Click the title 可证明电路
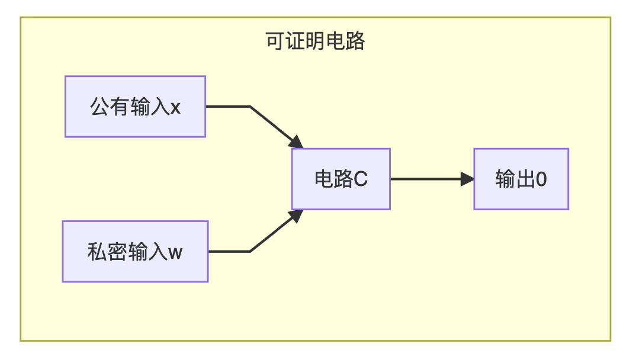(315, 42)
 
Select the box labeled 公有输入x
(135, 107)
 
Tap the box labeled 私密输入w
(135, 252)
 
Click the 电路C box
(341, 179)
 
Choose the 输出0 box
(521, 179)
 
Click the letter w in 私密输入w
(176, 252)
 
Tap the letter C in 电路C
(361, 179)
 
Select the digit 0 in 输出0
(541, 179)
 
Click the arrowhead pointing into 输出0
(468, 179)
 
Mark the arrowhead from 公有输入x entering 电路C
(297, 142)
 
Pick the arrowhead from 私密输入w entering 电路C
(297, 216)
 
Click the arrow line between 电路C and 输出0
(426, 179)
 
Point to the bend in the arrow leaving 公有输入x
(250, 107)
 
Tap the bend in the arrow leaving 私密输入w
(250, 252)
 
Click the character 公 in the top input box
(99, 107)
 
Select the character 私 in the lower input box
(97, 252)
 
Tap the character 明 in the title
(315, 42)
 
